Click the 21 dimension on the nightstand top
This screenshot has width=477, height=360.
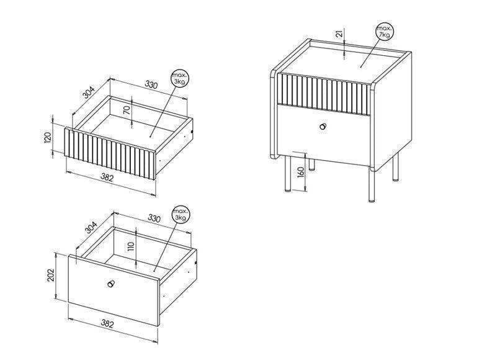[x=341, y=32]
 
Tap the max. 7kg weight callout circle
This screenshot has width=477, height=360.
[x=385, y=32]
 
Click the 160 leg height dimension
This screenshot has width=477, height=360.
[x=301, y=172]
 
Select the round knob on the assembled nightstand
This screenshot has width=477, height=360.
[x=323, y=126]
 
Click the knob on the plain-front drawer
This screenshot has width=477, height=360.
[x=111, y=283]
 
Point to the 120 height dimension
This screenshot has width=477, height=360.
[x=48, y=138]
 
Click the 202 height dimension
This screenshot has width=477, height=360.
[x=50, y=275]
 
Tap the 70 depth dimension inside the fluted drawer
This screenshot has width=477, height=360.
[x=127, y=110]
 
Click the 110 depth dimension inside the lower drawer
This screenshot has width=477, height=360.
[x=131, y=246]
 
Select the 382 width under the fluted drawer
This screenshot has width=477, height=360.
[x=107, y=178]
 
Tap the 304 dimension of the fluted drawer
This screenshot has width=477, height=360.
[x=89, y=92]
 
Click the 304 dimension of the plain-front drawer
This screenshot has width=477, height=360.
[x=91, y=228]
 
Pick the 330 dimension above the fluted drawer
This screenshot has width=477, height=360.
[x=151, y=84]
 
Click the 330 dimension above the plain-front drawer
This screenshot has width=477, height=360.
[x=154, y=218]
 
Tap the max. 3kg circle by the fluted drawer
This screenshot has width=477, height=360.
[x=180, y=78]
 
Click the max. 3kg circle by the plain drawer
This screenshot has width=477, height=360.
[x=181, y=214]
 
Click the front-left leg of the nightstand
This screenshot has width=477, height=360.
[x=287, y=174]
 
